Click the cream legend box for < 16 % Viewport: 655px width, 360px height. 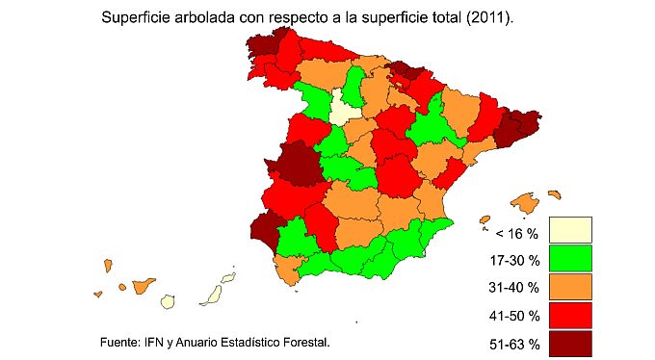tap(570, 230)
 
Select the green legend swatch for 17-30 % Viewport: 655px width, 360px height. tap(570, 258)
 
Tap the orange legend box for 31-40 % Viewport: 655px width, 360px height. tap(570, 286)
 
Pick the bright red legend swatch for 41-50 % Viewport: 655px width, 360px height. tap(570, 314)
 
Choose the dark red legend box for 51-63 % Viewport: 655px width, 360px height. tap(570, 342)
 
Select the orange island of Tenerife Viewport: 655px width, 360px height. tap(144, 286)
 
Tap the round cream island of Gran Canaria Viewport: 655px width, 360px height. tap(168, 300)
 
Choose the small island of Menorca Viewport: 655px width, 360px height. tap(553, 193)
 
